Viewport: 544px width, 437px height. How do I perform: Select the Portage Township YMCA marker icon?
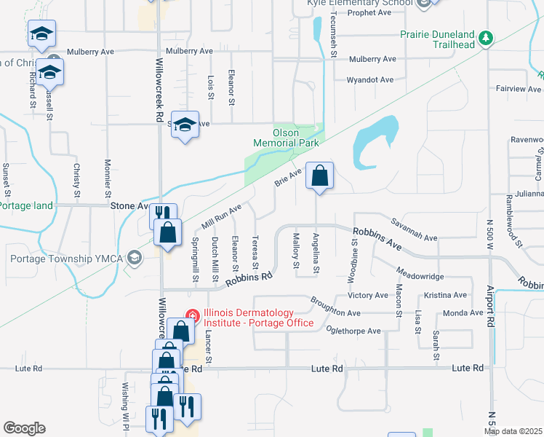[x=134, y=258]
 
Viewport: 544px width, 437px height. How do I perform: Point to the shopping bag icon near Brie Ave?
[x=319, y=175]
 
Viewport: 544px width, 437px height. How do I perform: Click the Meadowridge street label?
[x=420, y=277]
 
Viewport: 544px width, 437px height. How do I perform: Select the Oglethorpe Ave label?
[x=354, y=331]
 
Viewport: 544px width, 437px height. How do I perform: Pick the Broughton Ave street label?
[x=335, y=308]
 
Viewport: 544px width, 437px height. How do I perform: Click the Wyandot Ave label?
[x=369, y=79]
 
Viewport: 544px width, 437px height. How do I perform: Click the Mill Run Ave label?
[x=220, y=216]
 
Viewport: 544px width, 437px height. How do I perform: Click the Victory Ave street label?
[x=368, y=295]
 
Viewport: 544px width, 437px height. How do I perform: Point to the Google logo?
[x=24, y=428]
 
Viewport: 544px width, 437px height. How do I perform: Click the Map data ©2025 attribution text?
[x=513, y=431]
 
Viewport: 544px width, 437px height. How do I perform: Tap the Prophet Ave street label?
[x=371, y=12]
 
